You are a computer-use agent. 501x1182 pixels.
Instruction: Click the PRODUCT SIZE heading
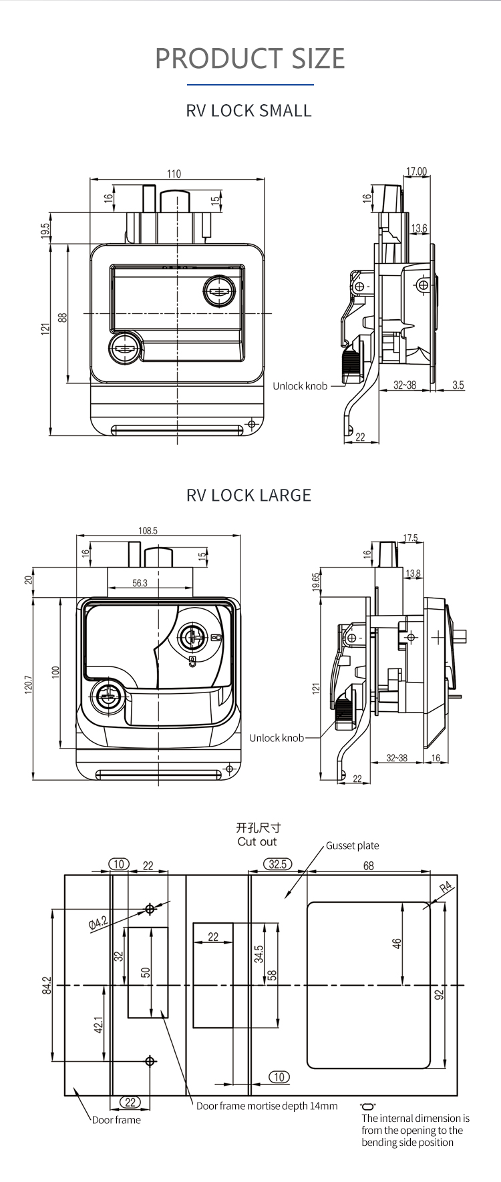[250, 59]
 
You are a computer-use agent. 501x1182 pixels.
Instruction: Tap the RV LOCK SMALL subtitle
[248, 111]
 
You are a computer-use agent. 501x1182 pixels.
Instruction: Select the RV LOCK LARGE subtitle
[248, 495]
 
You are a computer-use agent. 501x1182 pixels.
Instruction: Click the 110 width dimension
[174, 174]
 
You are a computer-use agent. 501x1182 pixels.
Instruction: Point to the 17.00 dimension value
[416, 172]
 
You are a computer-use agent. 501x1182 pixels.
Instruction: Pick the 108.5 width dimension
[148, 531]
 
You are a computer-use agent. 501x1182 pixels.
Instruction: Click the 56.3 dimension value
[140, 583]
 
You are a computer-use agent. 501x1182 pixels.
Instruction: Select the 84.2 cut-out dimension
[46, 984]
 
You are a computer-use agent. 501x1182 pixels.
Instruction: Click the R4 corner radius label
[446, 888]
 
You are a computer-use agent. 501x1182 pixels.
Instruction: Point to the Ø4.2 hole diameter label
[98, 923]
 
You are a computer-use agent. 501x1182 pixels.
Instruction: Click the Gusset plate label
[352, 845]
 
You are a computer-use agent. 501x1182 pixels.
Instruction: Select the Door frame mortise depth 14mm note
[267, 1106]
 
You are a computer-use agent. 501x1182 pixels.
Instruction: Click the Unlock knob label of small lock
[300, 386]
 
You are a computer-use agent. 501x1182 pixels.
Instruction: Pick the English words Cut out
[257, 841]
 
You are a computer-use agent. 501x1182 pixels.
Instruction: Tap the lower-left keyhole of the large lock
[106, 699]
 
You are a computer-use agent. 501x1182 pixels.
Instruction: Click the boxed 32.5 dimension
[277, 864]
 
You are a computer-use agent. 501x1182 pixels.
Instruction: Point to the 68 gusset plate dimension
[368, 865]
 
